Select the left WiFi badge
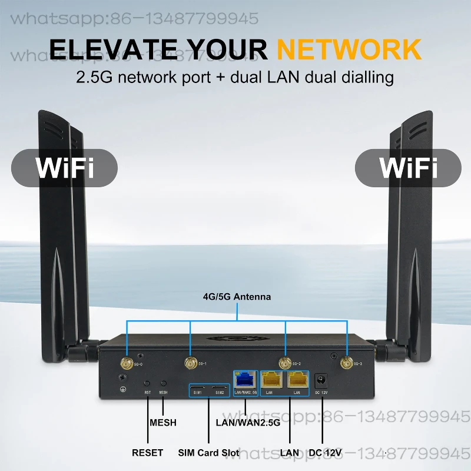pyautogui.click(x=65, y=167)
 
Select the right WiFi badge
pyautogui.click(x=408, y=167)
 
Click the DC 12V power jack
pyautogui.click(x=321, y=380)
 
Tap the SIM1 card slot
pyautogui.click(x=198, y=390)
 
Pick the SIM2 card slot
pyautogui.click(x=218, y=390)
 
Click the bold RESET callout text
pyautogui.click(x=147, y=453)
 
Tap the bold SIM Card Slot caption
pyautogui.click(x=208, y=453)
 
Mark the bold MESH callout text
pyautogui.click(x=163, y=423)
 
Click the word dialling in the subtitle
pyautogui.click(x=364, y=77)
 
